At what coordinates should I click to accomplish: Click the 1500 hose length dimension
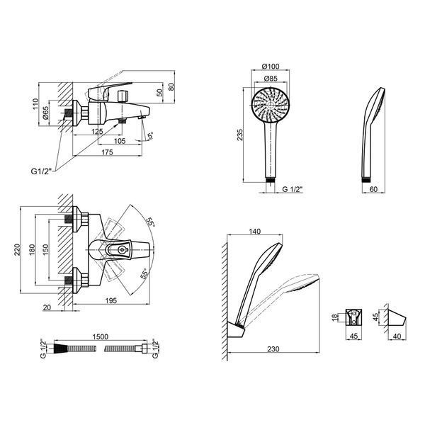click(x=101, y=337)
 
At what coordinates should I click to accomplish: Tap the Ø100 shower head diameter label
click(x=271, y=66)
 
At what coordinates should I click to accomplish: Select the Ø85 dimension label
click(x=271, y=79)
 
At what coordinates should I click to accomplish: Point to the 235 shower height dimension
click(x=240, y=135)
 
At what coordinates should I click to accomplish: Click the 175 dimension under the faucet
click(x=107, y=152)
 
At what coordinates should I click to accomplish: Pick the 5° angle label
click(x=150, y=135)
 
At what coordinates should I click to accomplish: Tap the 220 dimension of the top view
click(x=17, y=249)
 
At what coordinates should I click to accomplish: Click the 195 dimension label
click(x=111, y=300)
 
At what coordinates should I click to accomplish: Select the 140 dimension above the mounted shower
click(x=255, y=231)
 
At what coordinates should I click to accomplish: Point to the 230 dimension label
click(x=273, y=349)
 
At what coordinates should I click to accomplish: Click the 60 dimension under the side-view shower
click(x=373, y=189)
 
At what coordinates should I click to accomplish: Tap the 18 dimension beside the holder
click(x=335, y=317)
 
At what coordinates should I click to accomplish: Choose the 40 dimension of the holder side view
click(x=397, y=336)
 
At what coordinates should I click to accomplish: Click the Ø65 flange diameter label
click(x=45, y=113)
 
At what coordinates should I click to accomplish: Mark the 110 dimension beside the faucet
click(x=35, y=104)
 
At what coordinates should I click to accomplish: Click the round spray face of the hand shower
click(x=271, y=105)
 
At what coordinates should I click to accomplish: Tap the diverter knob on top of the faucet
click(x=123, y=96)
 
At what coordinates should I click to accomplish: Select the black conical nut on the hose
click(x=60, y=348)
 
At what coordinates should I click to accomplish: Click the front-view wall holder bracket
click(x=354, y=317)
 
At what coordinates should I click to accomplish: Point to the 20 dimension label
click(x=47, y=307)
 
